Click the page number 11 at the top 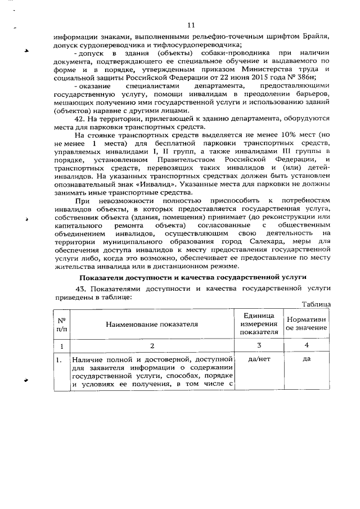pos(191,25)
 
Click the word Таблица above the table pos(316,304)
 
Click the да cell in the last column pos(307,359)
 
